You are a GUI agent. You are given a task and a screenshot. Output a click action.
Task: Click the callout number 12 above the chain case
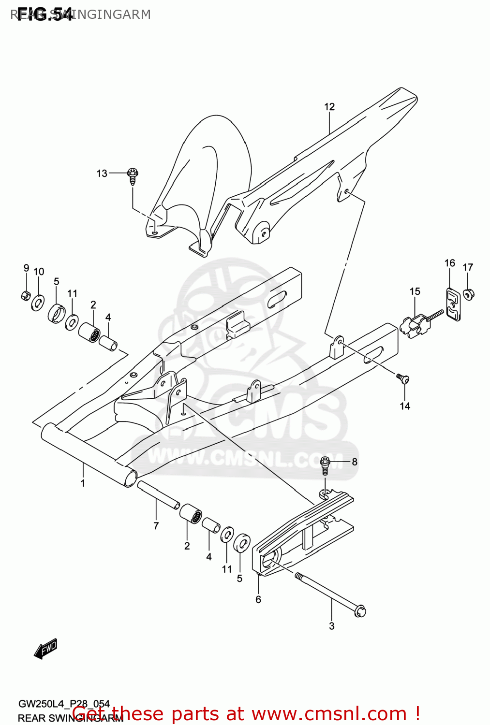click(x=329, y=107)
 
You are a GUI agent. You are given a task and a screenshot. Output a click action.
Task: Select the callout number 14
click(x=405, y=406)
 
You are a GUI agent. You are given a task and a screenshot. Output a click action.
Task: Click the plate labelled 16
click(x=453, y=304)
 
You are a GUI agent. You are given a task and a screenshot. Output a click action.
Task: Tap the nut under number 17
click(x=468, y=293)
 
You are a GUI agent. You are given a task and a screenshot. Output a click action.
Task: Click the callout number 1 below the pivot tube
click(x=83, y=483)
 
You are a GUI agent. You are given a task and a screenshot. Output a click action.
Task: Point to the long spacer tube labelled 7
click(x=158, y=493)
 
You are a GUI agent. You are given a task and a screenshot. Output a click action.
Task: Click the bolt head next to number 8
click(x=326, y=463)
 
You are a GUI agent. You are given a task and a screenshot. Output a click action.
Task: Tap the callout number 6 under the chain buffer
click(x=258, y=599)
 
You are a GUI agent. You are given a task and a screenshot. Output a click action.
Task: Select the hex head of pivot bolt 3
click(x=359, y=611)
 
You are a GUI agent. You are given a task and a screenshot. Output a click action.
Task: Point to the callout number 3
click(x=331, y=626)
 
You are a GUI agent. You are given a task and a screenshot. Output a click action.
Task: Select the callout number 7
click(x=156, y=526)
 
